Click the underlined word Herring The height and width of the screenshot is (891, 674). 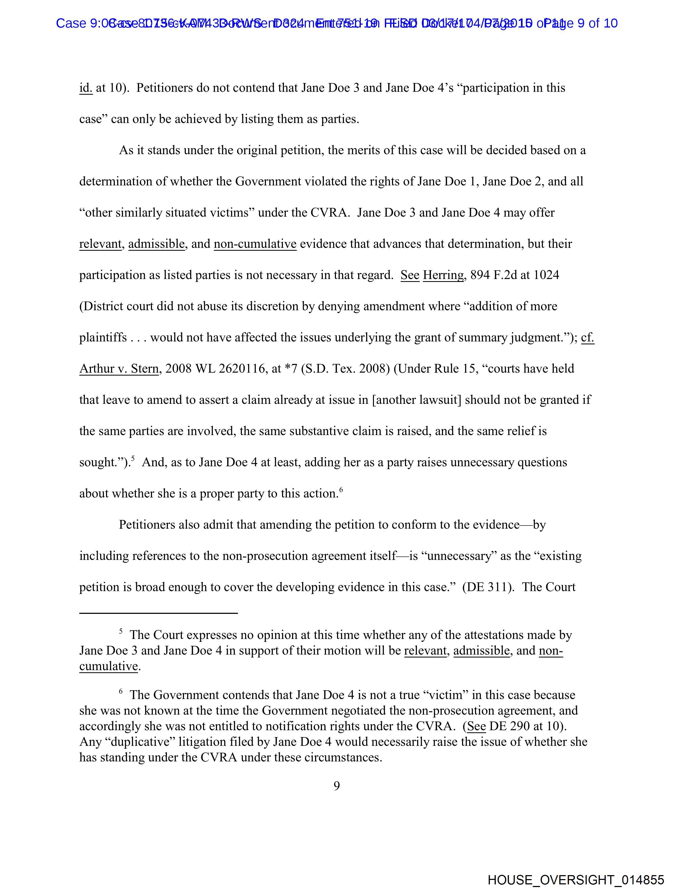[x=443, y=276]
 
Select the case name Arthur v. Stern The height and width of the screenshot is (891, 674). [x=119, y=369]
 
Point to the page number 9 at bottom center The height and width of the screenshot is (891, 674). [x=336, y=786]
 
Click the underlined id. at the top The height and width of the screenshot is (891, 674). [x=86, y=88]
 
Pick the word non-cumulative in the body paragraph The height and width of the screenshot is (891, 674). [x=255, y=244]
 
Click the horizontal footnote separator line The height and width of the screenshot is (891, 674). [x=158, y=613]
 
